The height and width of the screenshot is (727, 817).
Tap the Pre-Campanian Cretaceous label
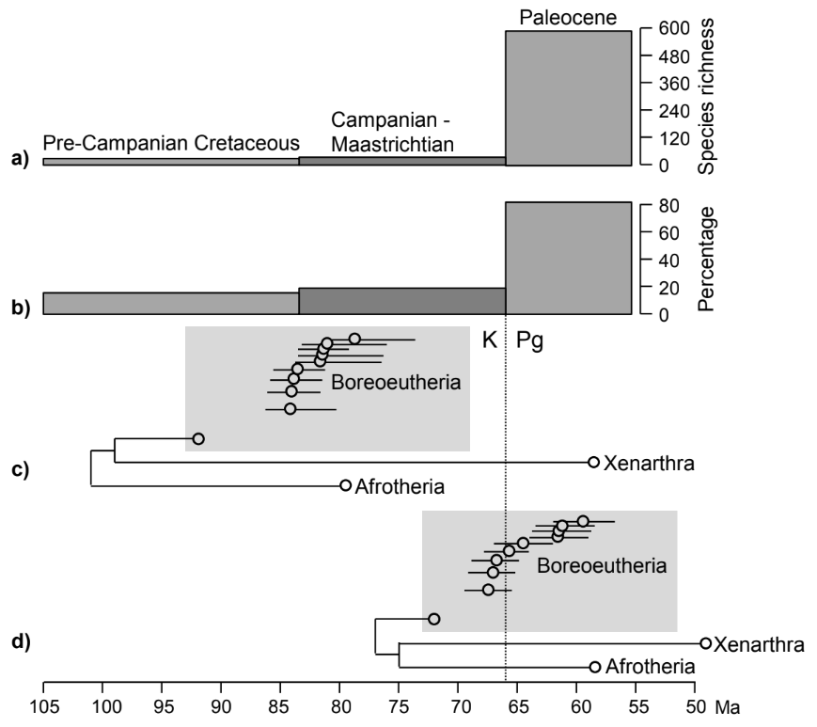point(171,143)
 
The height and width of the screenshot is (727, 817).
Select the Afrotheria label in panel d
point(650,667)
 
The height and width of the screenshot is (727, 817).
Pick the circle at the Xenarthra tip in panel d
point(706,643)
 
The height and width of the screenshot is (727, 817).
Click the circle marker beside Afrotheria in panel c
point(346,485)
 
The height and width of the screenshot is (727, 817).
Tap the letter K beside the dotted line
point(490,340)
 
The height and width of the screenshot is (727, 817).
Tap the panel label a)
point(19,160)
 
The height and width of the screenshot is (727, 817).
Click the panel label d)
point(19,642)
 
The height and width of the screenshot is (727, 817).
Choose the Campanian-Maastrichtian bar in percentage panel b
point(402,301)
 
